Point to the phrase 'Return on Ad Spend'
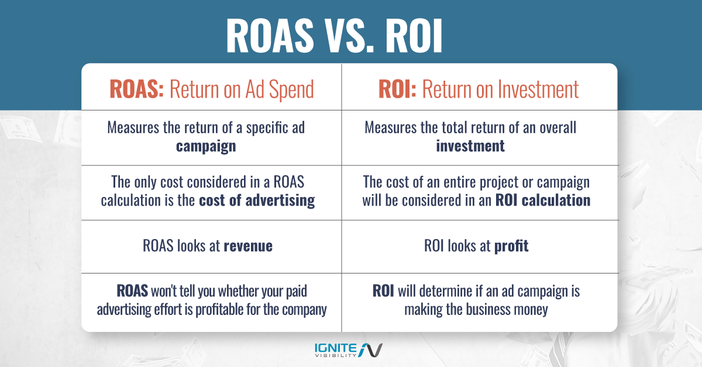pyautogui.click(x=242, y=89)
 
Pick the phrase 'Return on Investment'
pyautogui.click(x=500, y=89)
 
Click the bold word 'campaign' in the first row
pyautogui.click(x=206, y=146)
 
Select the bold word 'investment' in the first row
pyautogui.click(x=470, y=146)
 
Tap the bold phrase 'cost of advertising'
pyautogui.click(x=257, y=200)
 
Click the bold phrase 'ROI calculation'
pyautogui.click(x=543, y=200)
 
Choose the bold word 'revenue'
pyautogui.click(x=248, y=246)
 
